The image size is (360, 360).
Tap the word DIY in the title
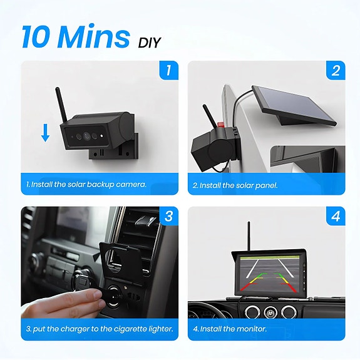(x=150, y=43)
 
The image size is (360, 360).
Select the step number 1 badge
(x=167, y=70)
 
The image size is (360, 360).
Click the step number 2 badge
(x=335, y=70)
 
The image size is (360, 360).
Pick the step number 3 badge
(x=167, y=217)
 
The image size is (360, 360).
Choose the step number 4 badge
(x=335, y=217)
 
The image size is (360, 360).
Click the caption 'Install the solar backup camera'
(x=86, y=185)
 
